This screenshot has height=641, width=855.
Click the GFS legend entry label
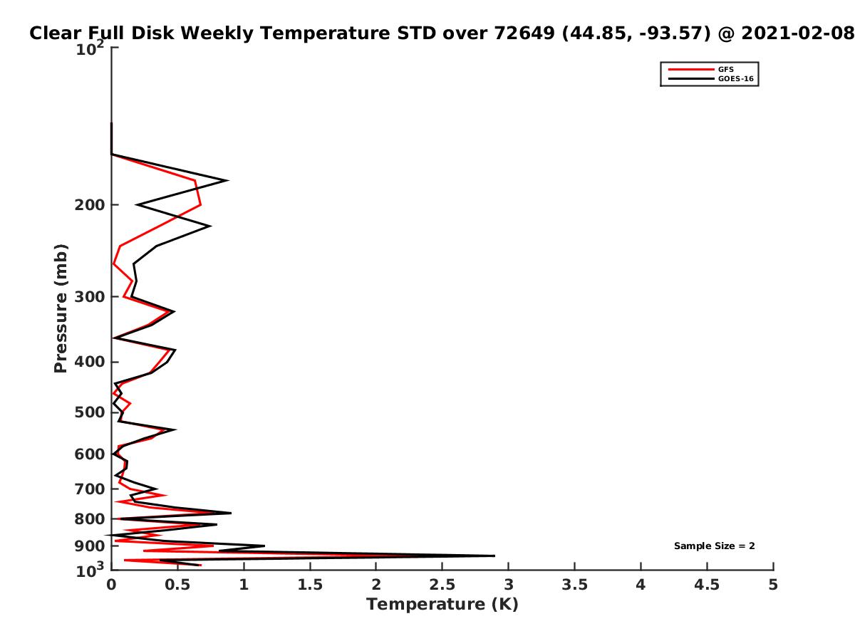725,70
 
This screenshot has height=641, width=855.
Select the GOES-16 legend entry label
735,79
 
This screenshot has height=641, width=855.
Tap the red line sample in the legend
690,70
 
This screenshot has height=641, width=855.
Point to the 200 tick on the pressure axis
90,205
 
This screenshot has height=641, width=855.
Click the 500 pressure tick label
90,412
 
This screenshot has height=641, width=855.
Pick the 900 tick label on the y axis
90,546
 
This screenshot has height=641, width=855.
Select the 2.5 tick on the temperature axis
442,585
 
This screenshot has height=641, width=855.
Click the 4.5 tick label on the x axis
707,585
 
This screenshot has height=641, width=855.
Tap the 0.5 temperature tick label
177,585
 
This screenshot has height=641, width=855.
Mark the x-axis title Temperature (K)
442,605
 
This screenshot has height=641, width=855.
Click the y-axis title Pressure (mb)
61,308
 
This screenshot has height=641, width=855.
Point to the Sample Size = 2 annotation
714,546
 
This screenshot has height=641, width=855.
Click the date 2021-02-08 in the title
797,33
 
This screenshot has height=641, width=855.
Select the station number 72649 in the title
524,33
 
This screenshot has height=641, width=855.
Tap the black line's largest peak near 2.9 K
494,556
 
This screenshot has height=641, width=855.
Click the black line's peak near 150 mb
227,180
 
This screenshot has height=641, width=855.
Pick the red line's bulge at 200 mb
201,204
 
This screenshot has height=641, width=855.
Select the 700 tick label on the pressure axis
90,489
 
